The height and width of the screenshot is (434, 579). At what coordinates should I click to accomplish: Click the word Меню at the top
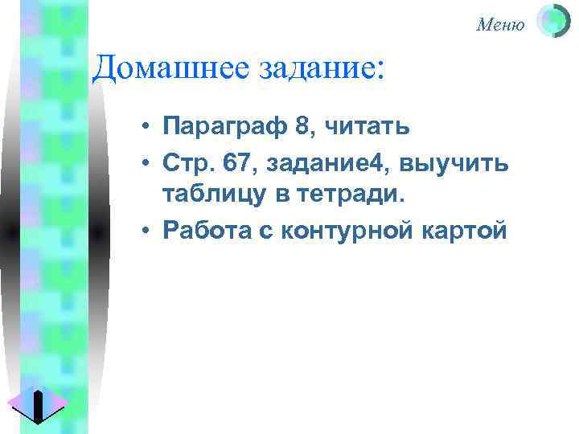[500, 25]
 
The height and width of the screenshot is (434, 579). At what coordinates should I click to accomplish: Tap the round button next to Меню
[552, 22]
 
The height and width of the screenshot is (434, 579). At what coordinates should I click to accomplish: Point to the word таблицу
[210, 195]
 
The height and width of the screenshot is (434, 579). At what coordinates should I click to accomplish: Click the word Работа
[207, 231]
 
